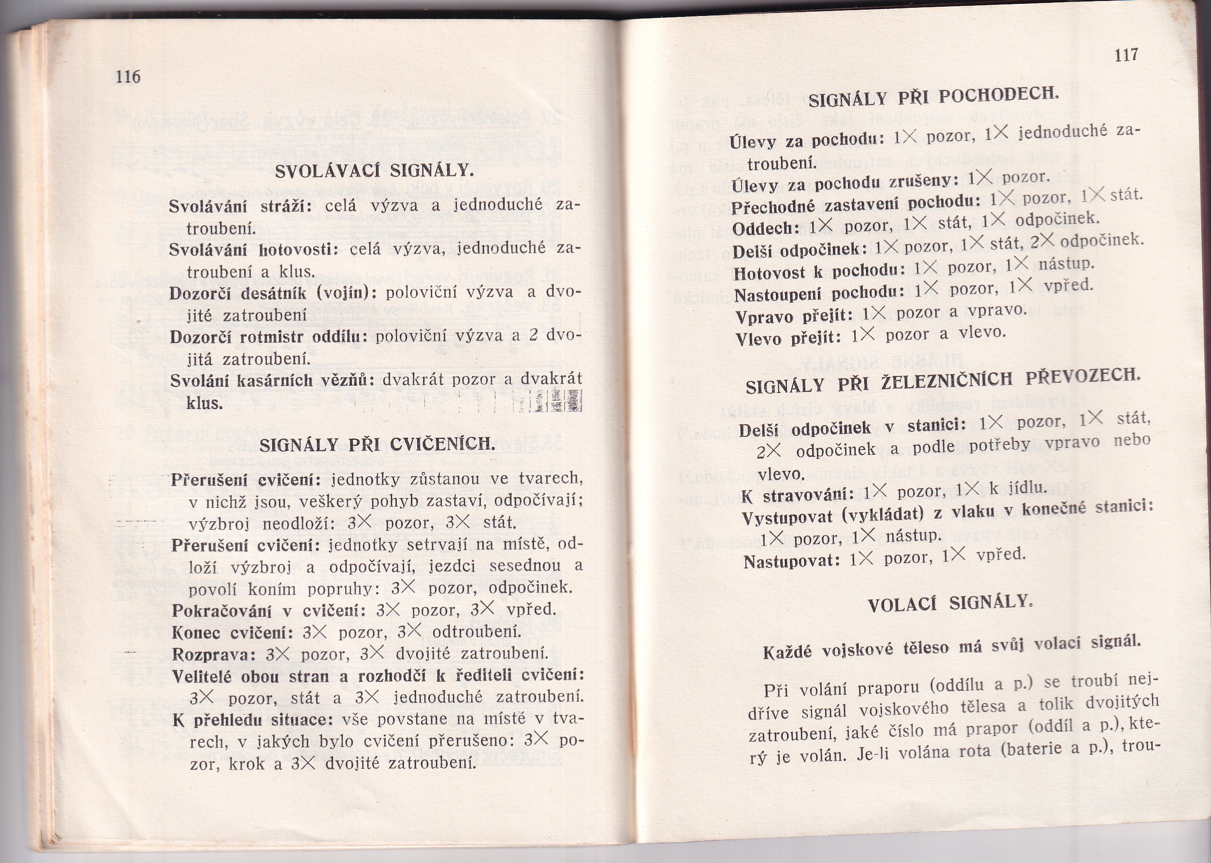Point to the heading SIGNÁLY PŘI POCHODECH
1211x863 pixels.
(934, 97)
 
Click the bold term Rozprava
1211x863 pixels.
(210, 654)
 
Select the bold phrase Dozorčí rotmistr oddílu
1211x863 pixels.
(269, 337)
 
